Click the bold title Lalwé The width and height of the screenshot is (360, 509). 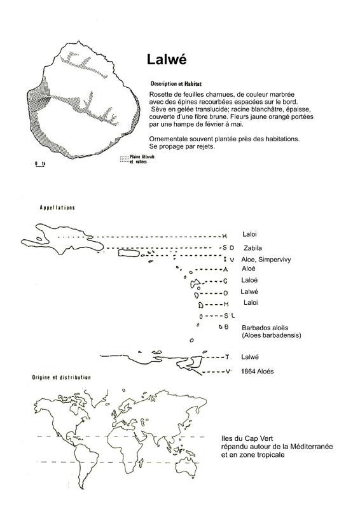(167, 59)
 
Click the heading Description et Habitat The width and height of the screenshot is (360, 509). (176, 84)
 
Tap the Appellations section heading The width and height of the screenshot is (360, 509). (57, 207)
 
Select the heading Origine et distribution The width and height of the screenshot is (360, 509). (61, 377)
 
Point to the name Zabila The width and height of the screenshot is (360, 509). (253, 248)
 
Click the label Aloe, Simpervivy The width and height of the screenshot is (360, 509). (266, 260)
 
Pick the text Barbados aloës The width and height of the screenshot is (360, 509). (265, 328)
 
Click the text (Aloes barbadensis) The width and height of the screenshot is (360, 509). (272, 335)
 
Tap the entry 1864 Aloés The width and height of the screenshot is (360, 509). (257, 372)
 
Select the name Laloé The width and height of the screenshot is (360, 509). (249, 280)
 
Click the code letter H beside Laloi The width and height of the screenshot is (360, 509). (225, 236)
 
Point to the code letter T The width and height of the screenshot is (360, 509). (227, 357)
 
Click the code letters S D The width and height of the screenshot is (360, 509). (228, 248)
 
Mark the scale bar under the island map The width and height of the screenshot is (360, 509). (40, 164)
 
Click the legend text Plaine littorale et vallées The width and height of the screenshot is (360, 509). (137, 159)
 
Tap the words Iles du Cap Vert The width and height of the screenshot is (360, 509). (247, 438)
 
